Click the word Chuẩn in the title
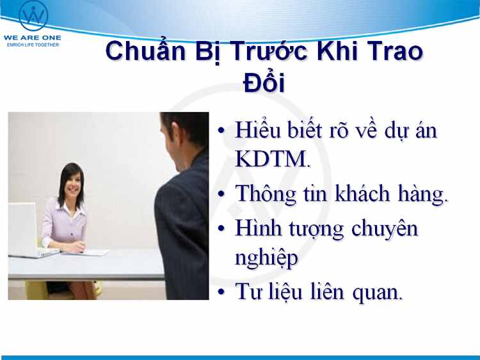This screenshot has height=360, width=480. click(145, 51)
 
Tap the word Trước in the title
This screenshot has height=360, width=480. click(269, 51)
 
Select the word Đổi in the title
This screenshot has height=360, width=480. click(264, 82)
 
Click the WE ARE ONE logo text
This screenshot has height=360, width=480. click(33, 38)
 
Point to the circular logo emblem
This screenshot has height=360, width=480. click(33, 15)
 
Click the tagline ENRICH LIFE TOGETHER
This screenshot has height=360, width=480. click(33, 45)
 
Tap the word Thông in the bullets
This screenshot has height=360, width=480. click(266, 194)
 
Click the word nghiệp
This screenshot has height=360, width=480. click(266, 258)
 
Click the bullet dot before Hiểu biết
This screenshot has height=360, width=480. click(221, 130)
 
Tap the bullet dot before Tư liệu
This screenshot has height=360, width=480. click(221, 291)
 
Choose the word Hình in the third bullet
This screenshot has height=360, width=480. click(258, 228)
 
